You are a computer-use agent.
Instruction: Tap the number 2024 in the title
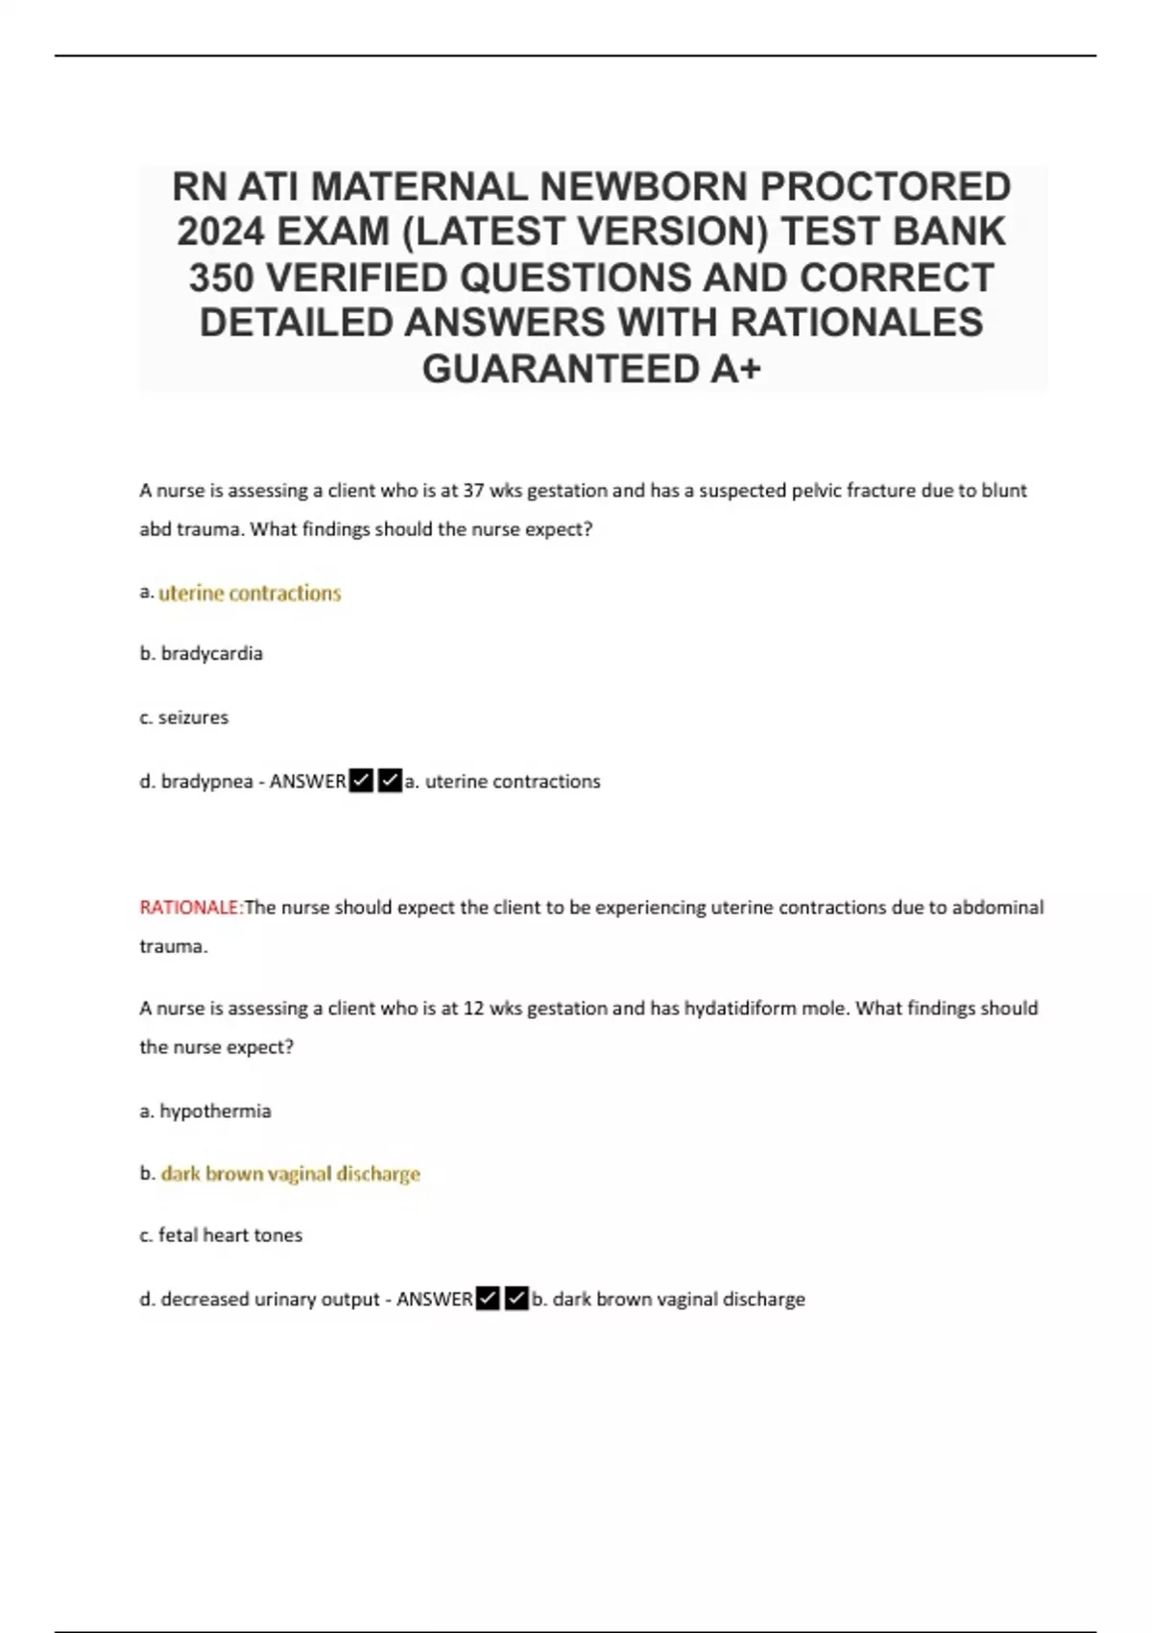click(221, 232)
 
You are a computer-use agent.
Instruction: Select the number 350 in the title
click(221, 278)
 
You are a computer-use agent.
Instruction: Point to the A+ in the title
click(735, 369)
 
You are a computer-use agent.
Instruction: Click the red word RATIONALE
click(189, 908)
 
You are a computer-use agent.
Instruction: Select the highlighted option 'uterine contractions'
click(250, 594)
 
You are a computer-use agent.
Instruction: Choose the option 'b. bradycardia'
click(202, 653)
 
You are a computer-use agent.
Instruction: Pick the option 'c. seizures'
click(184, 718)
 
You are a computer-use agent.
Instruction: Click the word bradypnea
click(204, 782)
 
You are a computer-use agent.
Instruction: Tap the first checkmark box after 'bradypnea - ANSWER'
click(361, 781)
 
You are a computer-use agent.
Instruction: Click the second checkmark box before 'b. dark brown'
click(516, 1299)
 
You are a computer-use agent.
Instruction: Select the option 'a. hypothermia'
click(205, 1111)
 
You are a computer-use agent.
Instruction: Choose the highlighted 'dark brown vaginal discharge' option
click(290, 1174)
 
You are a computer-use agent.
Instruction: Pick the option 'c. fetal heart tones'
click(221, 1235)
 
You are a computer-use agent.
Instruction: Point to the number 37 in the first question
click(473, 491)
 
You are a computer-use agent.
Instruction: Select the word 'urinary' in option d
click(284, 1300)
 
